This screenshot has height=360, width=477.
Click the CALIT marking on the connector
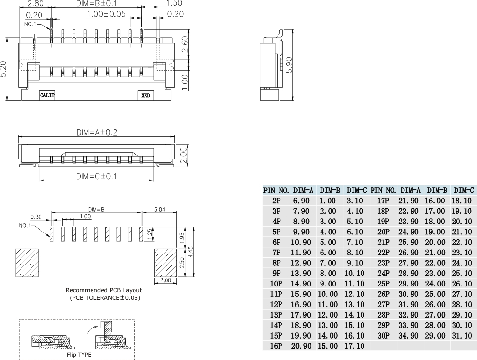(x=47, y=95)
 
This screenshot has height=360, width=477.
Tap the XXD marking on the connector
(x=145, y=95)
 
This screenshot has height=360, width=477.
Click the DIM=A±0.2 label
(x=97, y=133)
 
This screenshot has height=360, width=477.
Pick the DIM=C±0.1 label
(x=97, y=176)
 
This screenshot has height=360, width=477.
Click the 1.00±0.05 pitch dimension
(x=106, y=14)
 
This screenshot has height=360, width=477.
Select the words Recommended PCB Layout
(x=104, y=290)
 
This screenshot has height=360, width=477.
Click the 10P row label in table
(x=276, y=284)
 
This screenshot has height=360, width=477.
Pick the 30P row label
(x=384, y=335)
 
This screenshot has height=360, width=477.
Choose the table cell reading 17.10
(x=354, y=346)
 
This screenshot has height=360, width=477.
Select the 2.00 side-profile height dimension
(x=184, y=154)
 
